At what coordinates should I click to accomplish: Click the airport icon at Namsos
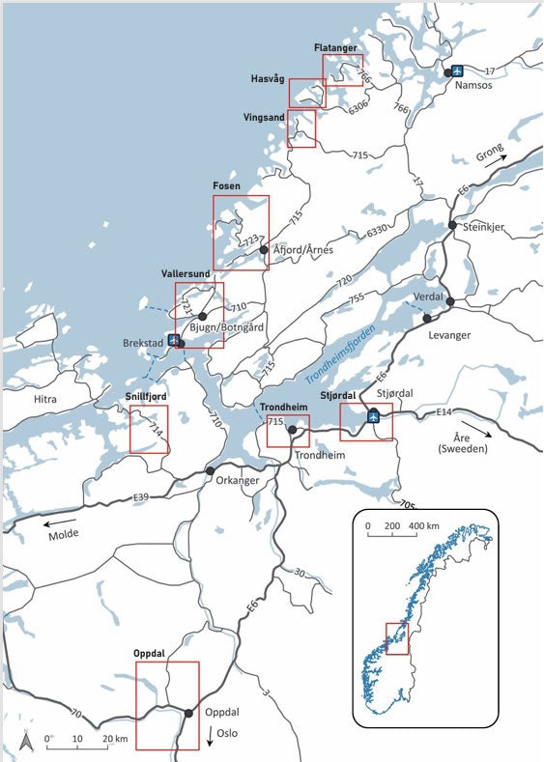point(459,71)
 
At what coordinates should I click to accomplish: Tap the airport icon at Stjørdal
point(374,417)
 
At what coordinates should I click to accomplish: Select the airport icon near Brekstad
point(173,340)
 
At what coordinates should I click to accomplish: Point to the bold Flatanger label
point(335,47)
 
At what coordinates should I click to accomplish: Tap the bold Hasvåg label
point(268,78)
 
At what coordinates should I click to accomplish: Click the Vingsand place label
point(264,117)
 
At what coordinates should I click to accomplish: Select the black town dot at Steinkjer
point(452,225)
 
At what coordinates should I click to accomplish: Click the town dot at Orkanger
point(210,470)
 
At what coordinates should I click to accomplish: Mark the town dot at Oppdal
point(187,713)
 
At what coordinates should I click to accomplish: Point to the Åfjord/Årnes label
point(303,250)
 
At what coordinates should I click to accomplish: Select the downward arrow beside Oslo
point(210,737)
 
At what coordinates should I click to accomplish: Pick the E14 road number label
point(444,413)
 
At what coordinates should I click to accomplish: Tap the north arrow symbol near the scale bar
point(27,741)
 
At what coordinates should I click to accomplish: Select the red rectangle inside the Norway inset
point(396,637)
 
